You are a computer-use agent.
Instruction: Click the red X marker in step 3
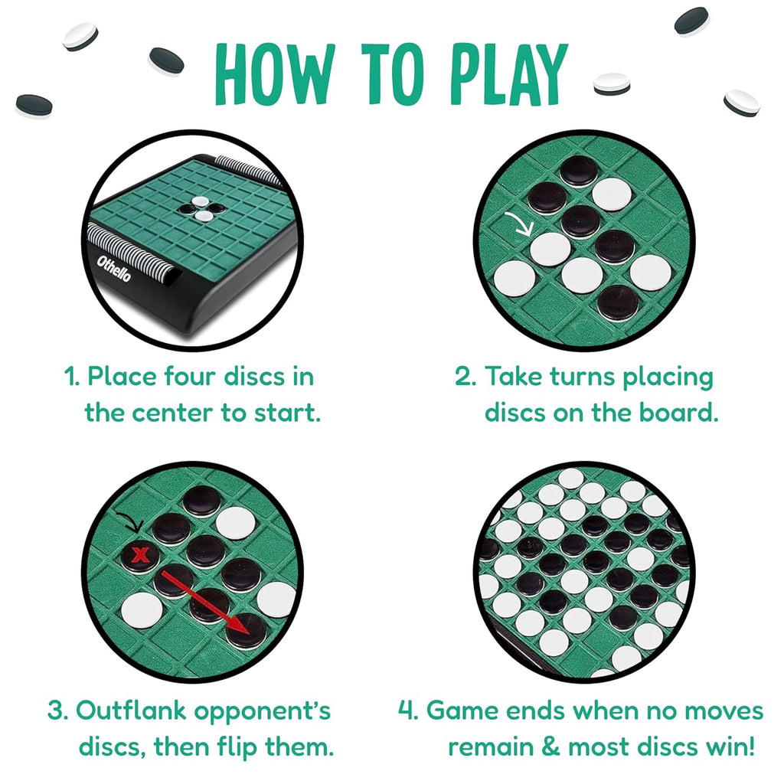coord(139,554)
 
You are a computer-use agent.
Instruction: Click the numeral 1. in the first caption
coord(73,377)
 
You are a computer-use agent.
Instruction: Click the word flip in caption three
coord(231,746)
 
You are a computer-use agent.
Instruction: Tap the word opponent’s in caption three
coord(256,711)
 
